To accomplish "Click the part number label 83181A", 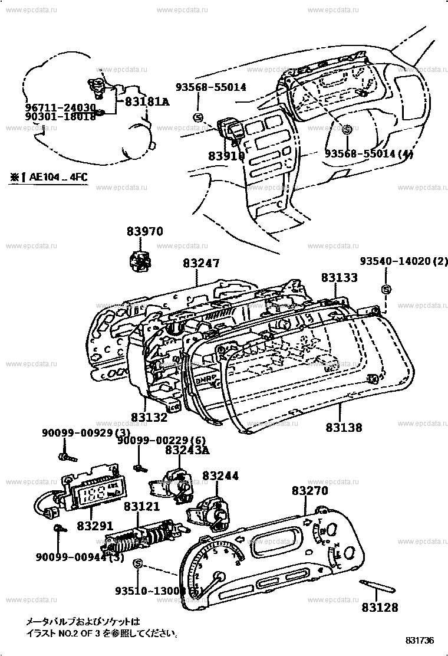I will click(x=147, y=101).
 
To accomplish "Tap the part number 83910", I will click(x=226, y=156).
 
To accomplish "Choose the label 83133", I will click(x=339, y=277).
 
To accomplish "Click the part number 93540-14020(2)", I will click(x=404, y=261).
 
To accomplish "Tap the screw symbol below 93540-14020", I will click(x=386, y=289).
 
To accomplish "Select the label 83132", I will click(x=149, y=417).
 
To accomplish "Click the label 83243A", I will click(x=187, y=451).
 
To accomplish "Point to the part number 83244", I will click(x=220, y=475).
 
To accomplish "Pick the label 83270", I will click(x=309, y=491).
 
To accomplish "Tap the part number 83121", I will click(x=141, y=507).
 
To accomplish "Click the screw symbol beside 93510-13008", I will click(x=137, y=565).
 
